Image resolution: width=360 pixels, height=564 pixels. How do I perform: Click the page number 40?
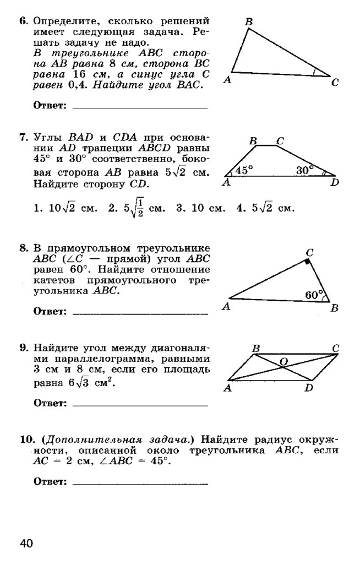click(x=27, y=544)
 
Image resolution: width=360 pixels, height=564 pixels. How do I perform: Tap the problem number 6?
click(x=23, y=21)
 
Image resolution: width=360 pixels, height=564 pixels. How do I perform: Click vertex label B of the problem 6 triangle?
click(x=249, y=21)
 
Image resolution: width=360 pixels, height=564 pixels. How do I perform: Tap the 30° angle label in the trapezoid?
click(x=304, y=171)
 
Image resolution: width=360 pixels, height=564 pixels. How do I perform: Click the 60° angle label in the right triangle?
click(x=313, y=295)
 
